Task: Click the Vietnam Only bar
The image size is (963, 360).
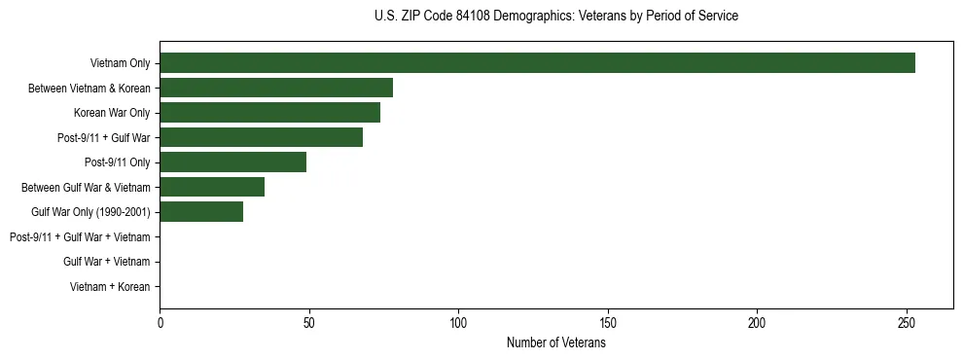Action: tap(537, 63)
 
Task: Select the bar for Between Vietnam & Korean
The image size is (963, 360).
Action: tap(276, 89)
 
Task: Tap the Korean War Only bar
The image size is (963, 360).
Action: tap(269, 113)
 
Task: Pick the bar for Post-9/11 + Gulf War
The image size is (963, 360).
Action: tap(261, 138)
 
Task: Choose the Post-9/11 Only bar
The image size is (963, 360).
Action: tap(232, 162)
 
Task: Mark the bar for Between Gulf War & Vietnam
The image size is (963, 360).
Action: tap(212, 188)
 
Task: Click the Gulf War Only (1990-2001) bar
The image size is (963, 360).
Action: tap(201, 212)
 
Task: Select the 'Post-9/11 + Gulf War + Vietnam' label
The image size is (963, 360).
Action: tap(80, 237)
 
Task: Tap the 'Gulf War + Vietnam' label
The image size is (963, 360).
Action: tap(106, 262)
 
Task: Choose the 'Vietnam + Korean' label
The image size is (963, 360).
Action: tap(110, 287)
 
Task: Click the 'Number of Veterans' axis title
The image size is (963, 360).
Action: tap(556, 342)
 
